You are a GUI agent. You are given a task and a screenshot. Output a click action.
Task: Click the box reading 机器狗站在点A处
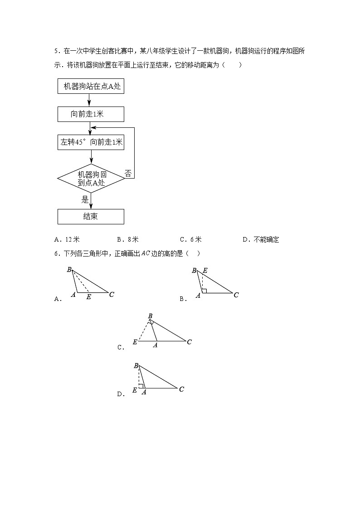coord(91,86)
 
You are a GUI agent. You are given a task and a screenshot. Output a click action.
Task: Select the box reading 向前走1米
coord(91,114)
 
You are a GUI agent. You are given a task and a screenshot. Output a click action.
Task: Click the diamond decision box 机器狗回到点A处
coord(91,179)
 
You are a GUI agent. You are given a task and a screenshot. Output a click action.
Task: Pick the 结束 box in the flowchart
coord(91,216)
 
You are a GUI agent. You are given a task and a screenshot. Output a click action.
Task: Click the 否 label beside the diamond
coord(128,173)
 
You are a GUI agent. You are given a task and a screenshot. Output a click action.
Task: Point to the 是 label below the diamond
coord(85,199)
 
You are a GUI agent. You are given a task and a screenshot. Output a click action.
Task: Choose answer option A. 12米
coord(66,240)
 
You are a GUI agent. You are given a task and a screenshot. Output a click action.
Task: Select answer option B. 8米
coord(128,240)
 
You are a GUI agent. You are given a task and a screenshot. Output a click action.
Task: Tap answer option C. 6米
coord(190,240)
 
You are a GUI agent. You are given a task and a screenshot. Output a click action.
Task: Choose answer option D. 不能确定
coord(261,240)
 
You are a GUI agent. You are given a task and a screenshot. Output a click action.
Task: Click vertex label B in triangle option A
coord(69,270)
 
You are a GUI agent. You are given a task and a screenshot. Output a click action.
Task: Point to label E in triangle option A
coord(88,297)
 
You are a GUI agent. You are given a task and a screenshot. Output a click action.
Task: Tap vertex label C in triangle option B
coord(236,295)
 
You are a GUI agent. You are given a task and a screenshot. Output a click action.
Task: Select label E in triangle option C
coord(135,342)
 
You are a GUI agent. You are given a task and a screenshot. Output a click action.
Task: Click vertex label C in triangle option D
coord(181,389)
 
